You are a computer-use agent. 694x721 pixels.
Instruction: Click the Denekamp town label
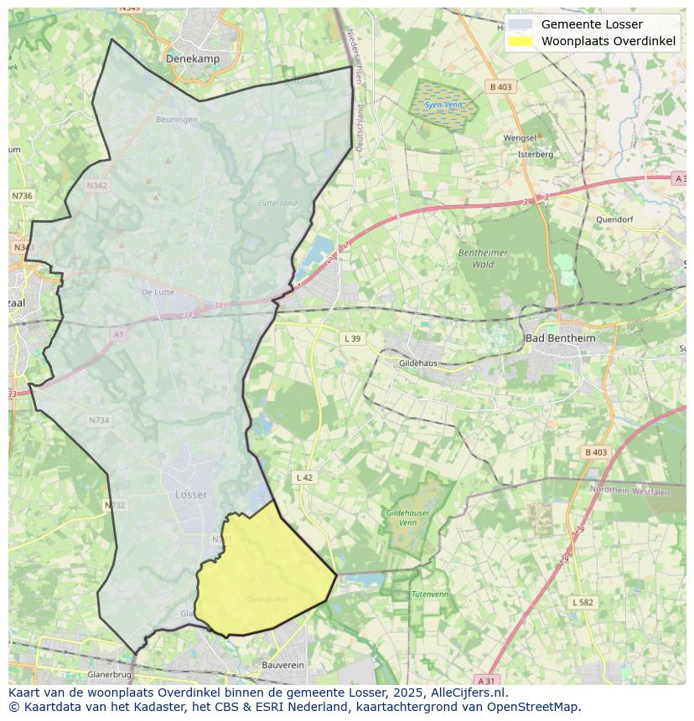tap(193, 59)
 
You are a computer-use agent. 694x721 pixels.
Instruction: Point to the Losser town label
tap(191, 495)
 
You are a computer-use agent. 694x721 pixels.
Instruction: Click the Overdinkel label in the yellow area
tap(267, 599)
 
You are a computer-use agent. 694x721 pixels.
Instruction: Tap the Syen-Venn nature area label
tap(443, 106)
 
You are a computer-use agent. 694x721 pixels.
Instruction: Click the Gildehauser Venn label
tap(407, 517)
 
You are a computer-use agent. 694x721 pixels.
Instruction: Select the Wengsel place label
tap(520, 138)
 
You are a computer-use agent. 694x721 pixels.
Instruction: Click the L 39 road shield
tap(352, 338)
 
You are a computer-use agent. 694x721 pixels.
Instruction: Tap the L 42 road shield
tap(304, 477)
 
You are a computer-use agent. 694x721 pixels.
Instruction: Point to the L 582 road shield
tap(583, 602)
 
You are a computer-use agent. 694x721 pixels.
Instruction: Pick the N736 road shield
tap(22, 195)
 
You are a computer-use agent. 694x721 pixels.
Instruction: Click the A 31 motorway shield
tap(485, 679)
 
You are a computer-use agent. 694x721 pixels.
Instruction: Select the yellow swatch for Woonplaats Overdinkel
tap(520, 41)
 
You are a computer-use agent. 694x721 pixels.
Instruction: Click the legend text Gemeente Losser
tap(592, 24)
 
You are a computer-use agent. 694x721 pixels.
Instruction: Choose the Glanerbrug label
tap(109, 674)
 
